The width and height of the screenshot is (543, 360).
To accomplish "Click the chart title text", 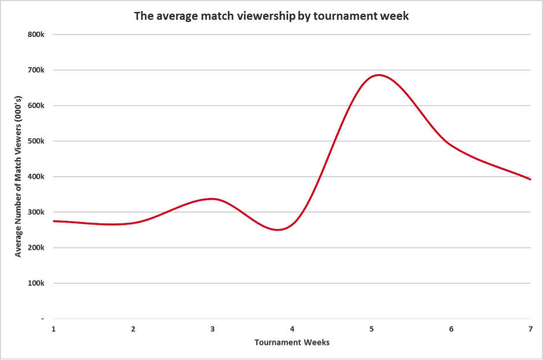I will pos(271,16).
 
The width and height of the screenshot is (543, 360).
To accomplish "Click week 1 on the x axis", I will pos(54,329).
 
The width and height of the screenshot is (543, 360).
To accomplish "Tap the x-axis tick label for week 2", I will pos(133,329).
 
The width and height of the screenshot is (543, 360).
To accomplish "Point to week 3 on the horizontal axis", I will pos(213,329).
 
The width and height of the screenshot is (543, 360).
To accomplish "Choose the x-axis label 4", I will pos(292,329).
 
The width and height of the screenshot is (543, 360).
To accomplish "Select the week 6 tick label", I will pos(451,329).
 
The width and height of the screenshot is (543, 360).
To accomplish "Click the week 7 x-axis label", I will pos(530,329).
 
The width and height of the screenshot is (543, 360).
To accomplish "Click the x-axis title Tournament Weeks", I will pos(292,343).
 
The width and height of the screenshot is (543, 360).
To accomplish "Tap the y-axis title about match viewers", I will pos(18,177).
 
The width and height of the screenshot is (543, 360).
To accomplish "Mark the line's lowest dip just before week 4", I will pos(278,230).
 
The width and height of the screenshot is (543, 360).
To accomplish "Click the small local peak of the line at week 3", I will pos(212,199).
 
